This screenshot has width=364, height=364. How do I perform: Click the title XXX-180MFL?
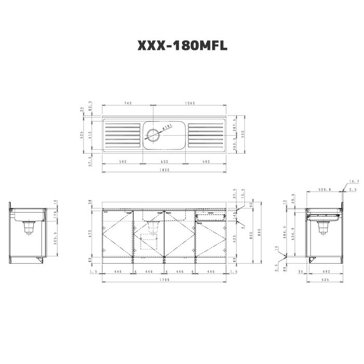(182, 46)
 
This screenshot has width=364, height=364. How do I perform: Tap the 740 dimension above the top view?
(127, 103)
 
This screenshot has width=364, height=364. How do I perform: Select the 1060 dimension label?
(190, 103)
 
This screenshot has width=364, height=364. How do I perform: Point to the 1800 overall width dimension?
(164, 170)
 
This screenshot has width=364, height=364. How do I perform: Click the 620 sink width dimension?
(164, 162)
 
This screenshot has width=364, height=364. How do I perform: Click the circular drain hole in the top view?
(154, 136)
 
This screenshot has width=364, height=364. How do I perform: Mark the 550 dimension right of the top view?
(242, 134)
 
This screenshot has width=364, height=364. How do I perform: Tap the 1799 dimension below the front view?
(164, 280)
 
